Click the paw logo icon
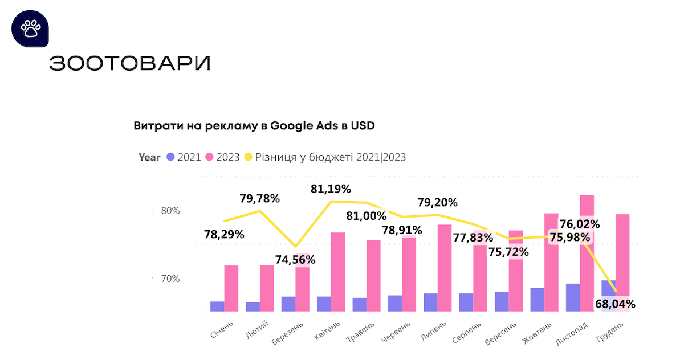pos(29,28)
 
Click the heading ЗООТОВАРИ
pos(129,64)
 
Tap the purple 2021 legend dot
pos(170,157)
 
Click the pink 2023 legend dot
pos(209,157)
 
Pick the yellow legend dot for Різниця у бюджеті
pos(248,157)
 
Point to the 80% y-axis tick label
pos(170,211)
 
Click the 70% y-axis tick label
pos(170,279)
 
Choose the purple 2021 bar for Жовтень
pos(537,300)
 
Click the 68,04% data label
pos(614,304)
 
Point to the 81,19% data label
pos(331,189)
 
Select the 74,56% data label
pos(295,260)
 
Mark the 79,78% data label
pos(259,199)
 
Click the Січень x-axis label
pos(222,330)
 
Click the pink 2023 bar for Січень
pos(231,288)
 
